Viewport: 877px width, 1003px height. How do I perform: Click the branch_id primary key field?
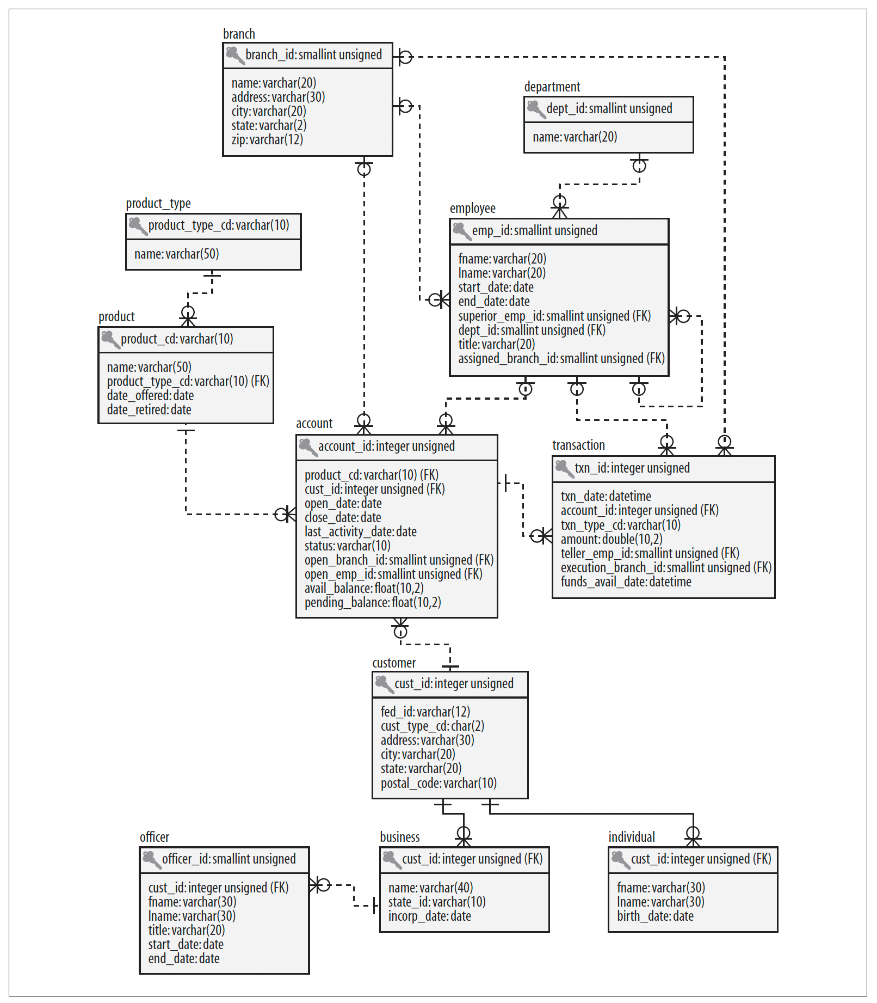point(313,55)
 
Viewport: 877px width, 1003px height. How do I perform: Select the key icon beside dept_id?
point(535,109)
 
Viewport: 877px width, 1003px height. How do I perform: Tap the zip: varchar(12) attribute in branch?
point(267,140)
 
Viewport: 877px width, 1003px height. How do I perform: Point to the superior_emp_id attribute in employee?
point(554,316)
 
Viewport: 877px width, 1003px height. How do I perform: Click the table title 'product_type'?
point(158,204)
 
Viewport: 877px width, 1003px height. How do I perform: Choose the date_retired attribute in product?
point(149,409)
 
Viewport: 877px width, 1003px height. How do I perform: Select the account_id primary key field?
point(386,447)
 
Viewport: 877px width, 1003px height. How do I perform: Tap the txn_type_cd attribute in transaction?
point(621,525)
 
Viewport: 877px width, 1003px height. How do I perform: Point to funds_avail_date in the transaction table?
point(626,582)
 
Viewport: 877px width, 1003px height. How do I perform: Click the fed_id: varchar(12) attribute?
point(425,712)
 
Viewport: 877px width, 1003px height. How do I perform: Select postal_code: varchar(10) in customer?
point(439,783)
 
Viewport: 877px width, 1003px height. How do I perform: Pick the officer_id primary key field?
point(229,859)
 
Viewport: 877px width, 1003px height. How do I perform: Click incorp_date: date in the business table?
point(430,916)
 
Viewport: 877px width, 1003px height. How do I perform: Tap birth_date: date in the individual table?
point(655,916)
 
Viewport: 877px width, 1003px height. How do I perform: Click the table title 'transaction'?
point(578,445)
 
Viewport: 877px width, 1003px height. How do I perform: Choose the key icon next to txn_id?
point(564,469)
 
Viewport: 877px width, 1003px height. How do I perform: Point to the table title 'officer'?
point(155,837)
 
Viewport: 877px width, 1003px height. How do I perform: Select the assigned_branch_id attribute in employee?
point(561,358)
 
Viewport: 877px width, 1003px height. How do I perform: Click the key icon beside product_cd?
point(110,340)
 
